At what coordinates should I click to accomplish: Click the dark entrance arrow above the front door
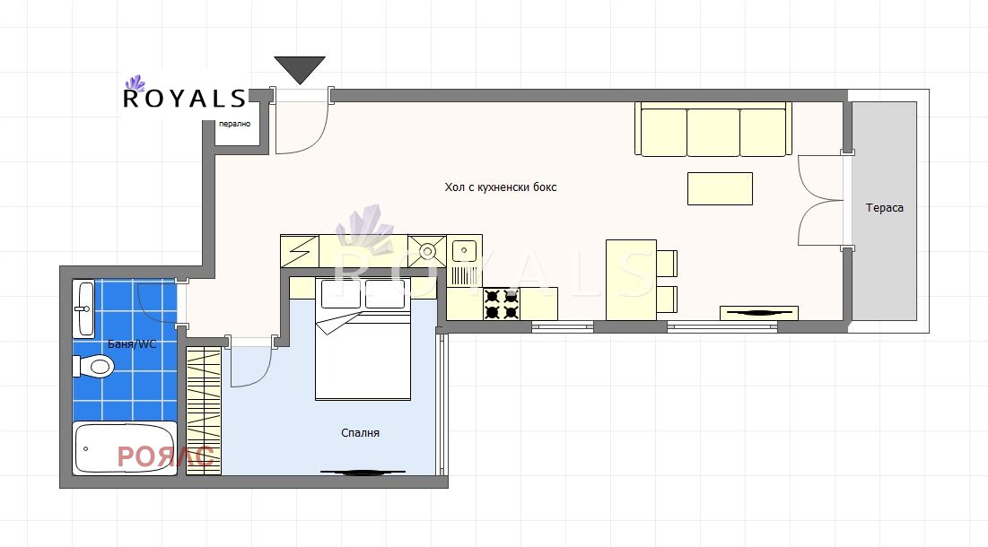[300, 68]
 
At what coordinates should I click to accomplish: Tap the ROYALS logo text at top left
[184, 99]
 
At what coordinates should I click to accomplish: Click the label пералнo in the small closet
[234, 124]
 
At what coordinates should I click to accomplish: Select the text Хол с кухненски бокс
[501, 187]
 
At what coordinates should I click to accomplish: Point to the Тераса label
[884, 208]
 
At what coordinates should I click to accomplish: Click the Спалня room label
[360, 433]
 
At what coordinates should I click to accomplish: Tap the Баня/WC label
[132, 344]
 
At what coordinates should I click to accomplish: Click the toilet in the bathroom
[93, 366]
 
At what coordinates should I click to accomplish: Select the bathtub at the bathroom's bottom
[125, 448]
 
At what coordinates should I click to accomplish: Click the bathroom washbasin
[83, 308]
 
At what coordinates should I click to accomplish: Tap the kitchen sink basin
[464, 250]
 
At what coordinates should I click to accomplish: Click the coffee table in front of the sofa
[720, 189]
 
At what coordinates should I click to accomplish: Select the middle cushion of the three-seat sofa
[713, 132]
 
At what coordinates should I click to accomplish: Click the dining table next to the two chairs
[632, 280]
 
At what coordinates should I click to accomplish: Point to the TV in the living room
[759, 313]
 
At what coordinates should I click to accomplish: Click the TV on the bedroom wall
[363, 472]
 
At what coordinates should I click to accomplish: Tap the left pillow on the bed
[341, 294]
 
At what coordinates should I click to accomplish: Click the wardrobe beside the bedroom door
[204, 411]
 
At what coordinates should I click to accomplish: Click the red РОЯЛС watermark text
[166, 457]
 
